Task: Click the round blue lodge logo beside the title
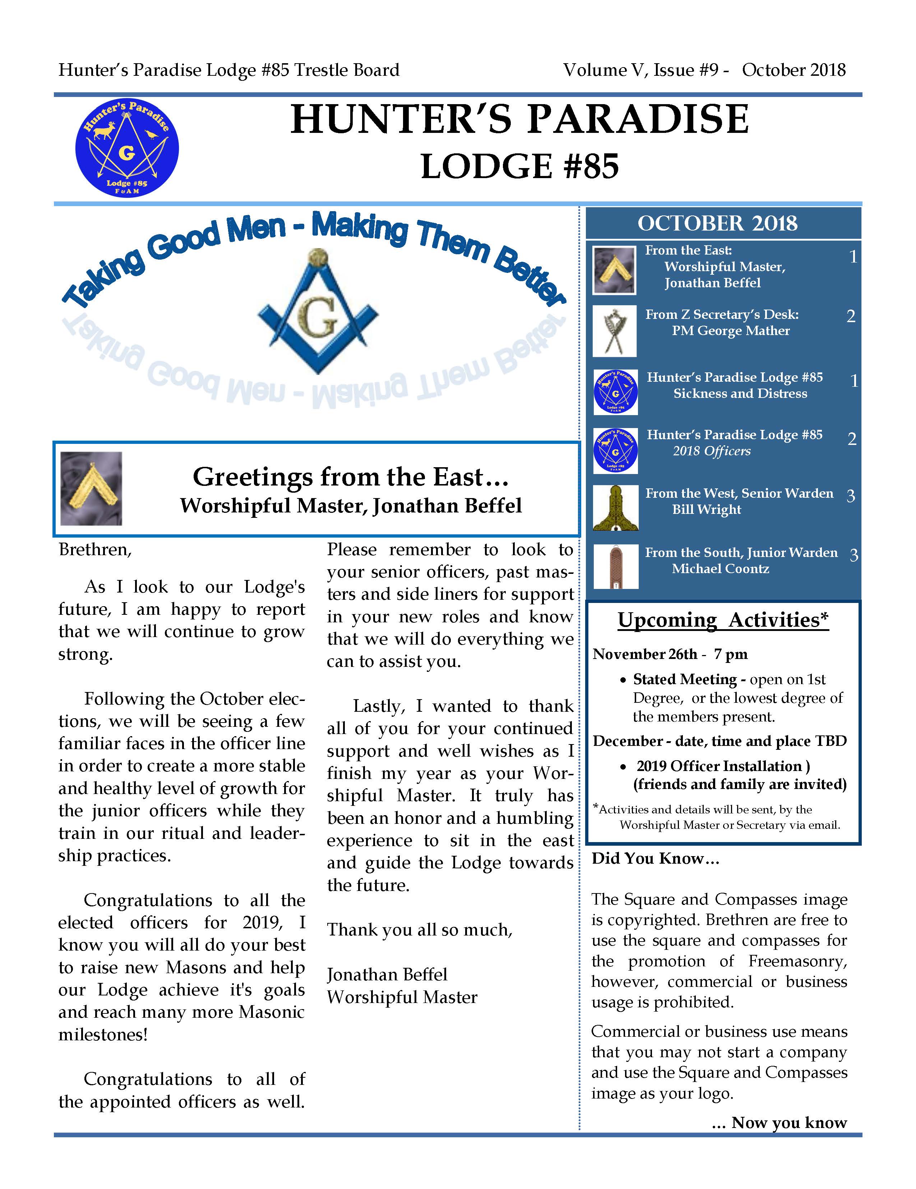126,148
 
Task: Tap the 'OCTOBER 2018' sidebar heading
717,223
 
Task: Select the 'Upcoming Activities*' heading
723,620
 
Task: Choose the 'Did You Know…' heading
656,859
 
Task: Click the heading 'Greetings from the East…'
351,477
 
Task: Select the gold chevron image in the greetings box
91,488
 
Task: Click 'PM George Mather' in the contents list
730,330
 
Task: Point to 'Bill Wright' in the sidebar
706,510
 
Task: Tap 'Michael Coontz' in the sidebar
720,569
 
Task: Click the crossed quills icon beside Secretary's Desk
614,330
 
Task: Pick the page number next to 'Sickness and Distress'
854,381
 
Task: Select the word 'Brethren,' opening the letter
95,549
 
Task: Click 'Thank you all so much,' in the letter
419,929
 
